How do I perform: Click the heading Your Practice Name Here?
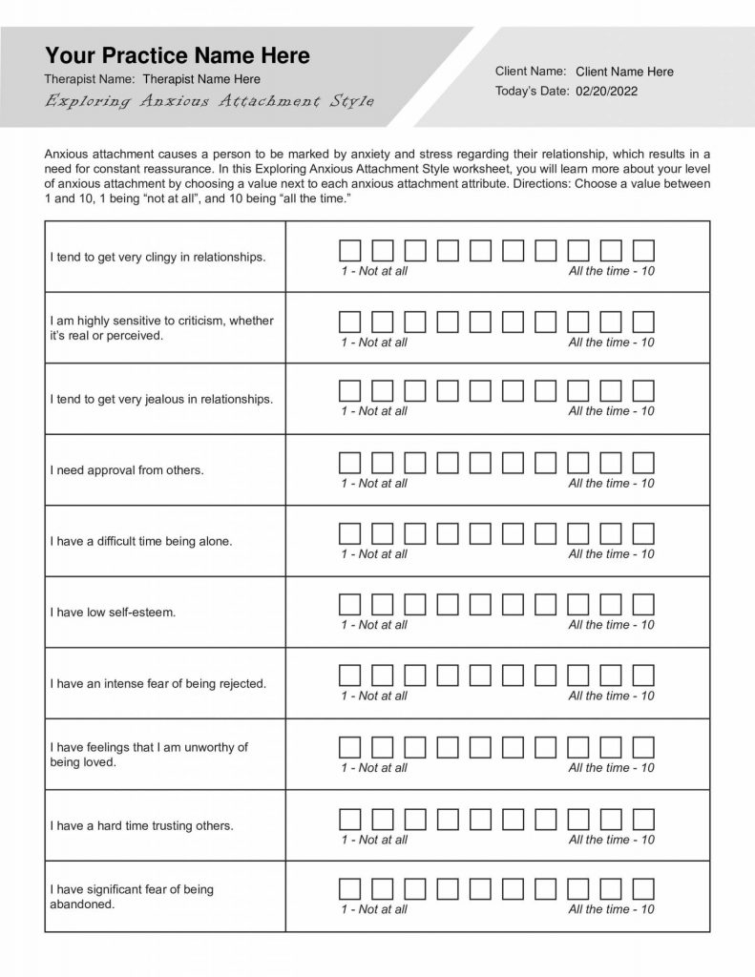pyautogui.click(x=178, y=55)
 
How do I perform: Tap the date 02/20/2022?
pyautogui.click(x=607, y=92)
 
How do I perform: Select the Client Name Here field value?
pyautogui.click(x=624, y=72)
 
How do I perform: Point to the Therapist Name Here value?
pyautogui.click(x=200, y=79)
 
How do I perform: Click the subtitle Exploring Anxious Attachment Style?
pyautogui.click(x=209, y=102)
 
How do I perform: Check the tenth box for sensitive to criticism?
pyautogui.click(x=644, y=321)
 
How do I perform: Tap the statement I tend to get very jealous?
pyautogui.click(x=161, y=399)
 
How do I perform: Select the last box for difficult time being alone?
pyautogui.click(x=644, y=533)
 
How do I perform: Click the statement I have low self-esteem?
pyautogui.click(x=113, y=612)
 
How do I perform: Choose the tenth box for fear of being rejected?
pyautogui.click(x=644, y=676)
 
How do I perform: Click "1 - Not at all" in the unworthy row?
pyautogui.click(x=374, y=767)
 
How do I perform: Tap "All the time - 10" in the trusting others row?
pyautogui.click(x=611, y=840)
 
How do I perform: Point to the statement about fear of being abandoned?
pyautogui.click(x=131, y=897)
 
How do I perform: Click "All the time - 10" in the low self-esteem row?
pyautogui.click(x=611, y=625)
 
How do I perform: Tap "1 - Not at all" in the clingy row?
pyautogui.click(x=374, y=271)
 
